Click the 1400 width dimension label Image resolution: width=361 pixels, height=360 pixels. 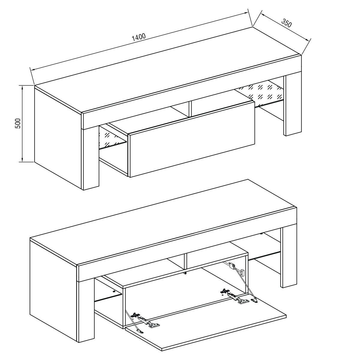[x=139, y=37]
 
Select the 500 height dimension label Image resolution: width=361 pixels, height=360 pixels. [x=18, y=123]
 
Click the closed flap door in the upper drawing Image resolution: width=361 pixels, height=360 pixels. [x=192, y=139]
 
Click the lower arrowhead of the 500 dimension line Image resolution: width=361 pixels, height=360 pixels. [x=22, y=158]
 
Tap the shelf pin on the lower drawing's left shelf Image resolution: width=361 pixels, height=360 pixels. [x=114, y=292]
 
